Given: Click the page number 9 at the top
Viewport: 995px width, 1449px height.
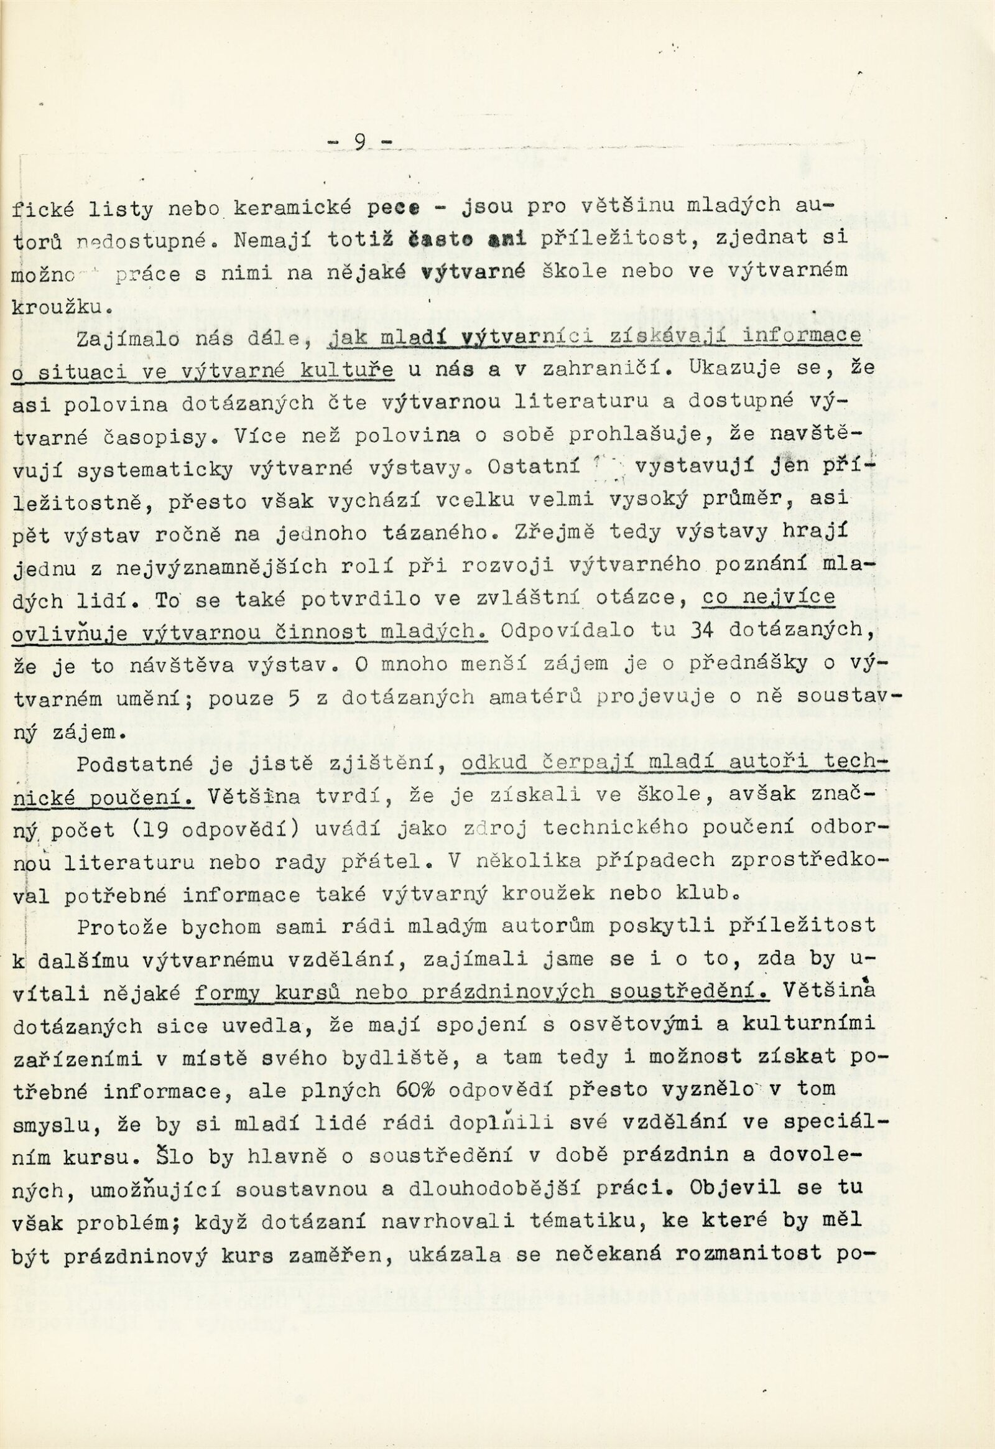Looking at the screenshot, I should click(x=359, y=143).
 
